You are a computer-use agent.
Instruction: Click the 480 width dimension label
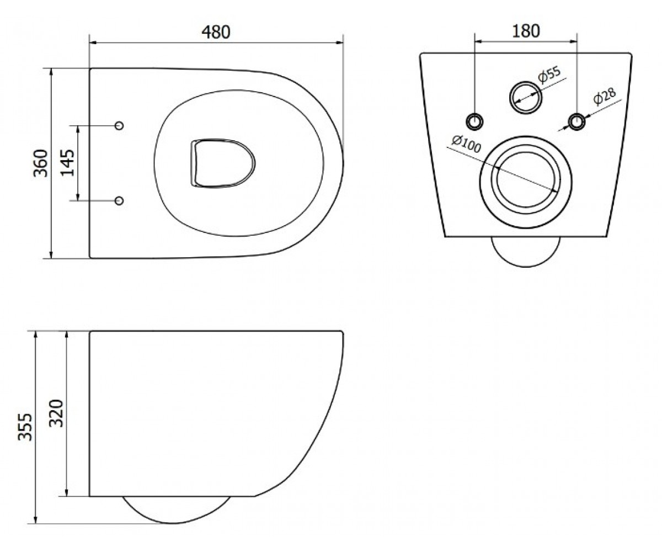[x=216, y=32]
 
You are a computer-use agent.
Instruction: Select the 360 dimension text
[x=41, y=163]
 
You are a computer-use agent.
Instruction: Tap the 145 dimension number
[x=67, y=163]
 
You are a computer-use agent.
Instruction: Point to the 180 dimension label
[x=526, y=31]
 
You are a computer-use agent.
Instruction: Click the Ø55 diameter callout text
[x=549, y=75]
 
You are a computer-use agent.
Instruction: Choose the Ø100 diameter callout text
[x=466, y=144]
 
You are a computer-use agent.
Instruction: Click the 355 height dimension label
[x=25, y=427]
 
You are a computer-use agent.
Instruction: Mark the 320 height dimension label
[x=57, y=413]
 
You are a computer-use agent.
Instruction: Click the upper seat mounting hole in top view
[x=119, y=126]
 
